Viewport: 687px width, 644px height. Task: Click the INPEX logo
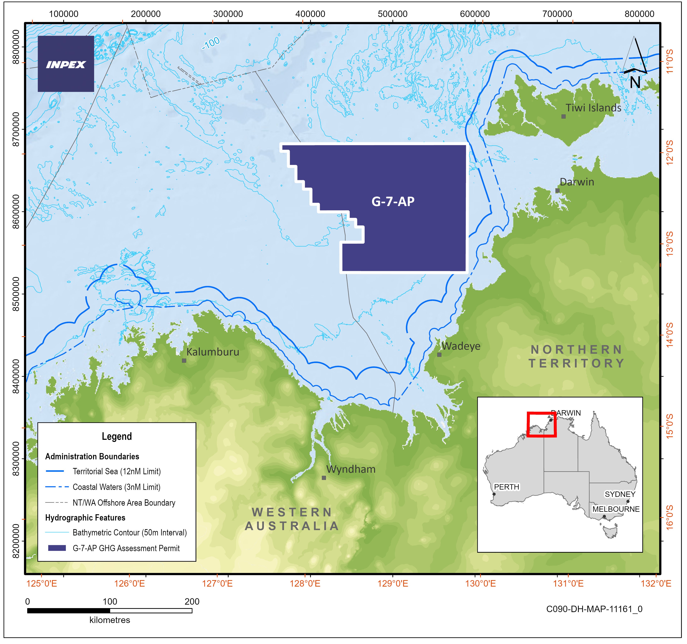pos(66,64)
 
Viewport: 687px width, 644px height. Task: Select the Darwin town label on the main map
pos(577,182)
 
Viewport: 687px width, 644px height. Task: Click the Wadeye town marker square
pos(439,355)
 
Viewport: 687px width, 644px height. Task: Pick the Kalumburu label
pos(212,352)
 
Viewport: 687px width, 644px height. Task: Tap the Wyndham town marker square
pos(324,478)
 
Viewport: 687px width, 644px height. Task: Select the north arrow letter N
pos(635,82)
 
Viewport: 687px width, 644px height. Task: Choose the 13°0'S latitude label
pos(670,244)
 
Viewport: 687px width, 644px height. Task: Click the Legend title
pos(117,437)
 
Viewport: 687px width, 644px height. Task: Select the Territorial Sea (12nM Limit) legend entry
pos(117,471)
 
